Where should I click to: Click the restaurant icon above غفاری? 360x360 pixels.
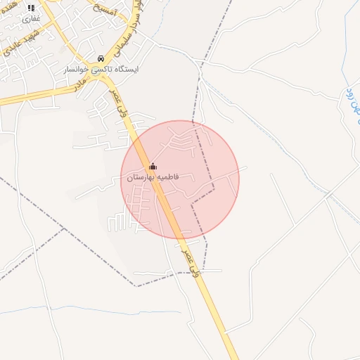coord(31,8)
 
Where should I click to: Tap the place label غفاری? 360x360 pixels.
coord(31,18)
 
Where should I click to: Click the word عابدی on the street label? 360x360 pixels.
coord(13,49)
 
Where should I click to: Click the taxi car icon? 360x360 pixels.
coord(101,58)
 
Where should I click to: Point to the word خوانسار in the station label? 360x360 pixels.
coord(77,70)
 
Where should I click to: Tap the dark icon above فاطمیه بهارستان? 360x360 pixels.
coord(153,166)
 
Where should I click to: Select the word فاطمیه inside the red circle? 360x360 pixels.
coord(167,177)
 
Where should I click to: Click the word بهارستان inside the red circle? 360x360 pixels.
coord(141,177)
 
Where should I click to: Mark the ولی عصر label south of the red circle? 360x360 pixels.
coord(191,260)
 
